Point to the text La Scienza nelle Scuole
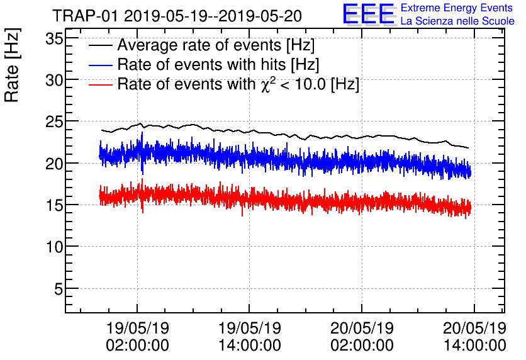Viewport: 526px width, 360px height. [457, 21]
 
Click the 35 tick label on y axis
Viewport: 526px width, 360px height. [51, 38]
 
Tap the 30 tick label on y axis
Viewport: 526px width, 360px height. [51, 80]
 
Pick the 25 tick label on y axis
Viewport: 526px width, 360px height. [51, 121]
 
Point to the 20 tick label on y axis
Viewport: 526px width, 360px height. [51, 164]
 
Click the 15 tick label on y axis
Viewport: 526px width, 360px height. [51, 205]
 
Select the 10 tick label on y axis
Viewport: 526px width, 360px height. [51, 247]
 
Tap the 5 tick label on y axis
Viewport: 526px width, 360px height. [56, 289]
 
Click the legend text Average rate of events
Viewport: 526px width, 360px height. [216, 46]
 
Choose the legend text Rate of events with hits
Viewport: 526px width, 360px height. [218, 65]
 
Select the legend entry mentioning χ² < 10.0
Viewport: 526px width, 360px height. [238, 84]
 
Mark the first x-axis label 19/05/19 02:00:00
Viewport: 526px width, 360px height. [137, 337]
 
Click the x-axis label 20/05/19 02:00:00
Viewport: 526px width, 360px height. [362, 337]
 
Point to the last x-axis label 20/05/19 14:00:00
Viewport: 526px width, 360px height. [473, 337]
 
